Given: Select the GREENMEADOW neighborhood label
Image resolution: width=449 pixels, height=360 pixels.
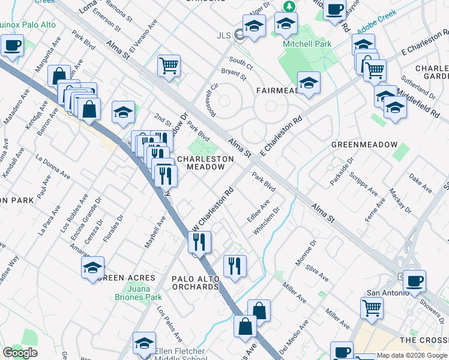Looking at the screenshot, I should (x=364, y=145).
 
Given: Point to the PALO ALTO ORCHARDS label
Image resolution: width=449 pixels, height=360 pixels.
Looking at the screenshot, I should (x=195, y=283).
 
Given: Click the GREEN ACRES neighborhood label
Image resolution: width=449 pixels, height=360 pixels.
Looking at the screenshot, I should (x=126, y=278).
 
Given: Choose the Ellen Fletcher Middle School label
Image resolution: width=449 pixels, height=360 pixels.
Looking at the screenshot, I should (x=179, y=355).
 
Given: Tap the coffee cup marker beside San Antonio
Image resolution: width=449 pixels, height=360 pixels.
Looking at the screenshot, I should (x=414, y=280).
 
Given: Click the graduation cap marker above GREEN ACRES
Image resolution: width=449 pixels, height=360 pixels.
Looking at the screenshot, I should (x=93, y=267).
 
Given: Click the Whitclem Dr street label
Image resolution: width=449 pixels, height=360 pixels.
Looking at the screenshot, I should (x=267, y=221).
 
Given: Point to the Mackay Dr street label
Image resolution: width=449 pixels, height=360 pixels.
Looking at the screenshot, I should (x=400, y=201).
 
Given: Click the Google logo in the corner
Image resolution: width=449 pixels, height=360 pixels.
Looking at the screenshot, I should (x=20, y=353).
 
